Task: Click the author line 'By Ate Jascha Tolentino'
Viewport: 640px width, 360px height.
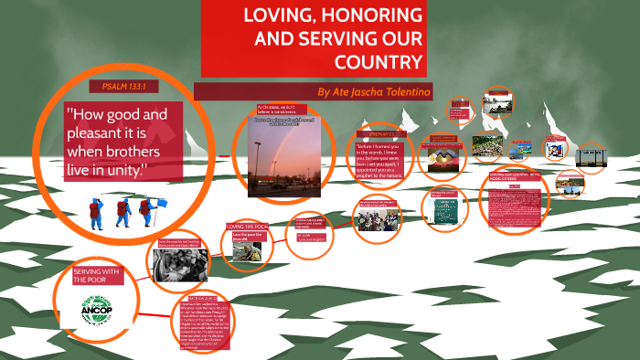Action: click(373, 92)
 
